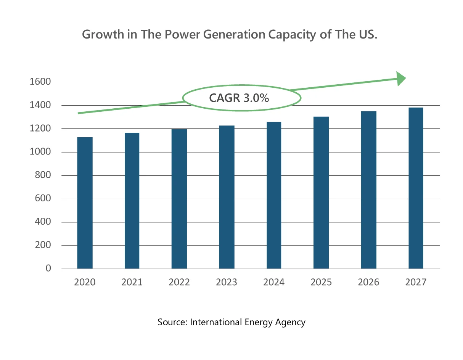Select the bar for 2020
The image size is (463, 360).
pos(85,203)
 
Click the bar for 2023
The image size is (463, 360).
pos(227,197)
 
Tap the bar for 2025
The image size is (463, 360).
pos(321,193)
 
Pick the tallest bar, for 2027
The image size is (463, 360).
pos(416,188)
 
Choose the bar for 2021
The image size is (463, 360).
pos(132,201)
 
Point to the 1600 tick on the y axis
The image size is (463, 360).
pos(40,82)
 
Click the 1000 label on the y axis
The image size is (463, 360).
pos(40,152)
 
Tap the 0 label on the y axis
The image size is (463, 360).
pos(48,268)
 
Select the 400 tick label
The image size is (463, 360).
pos(43,222)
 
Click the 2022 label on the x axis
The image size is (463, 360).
pos(179,282)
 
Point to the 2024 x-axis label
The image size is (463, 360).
pos(274,282)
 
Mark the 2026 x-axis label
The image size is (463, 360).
pos(368,282)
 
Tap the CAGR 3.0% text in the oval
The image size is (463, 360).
pos(239,98)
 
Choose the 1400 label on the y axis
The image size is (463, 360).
pos(40,105)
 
